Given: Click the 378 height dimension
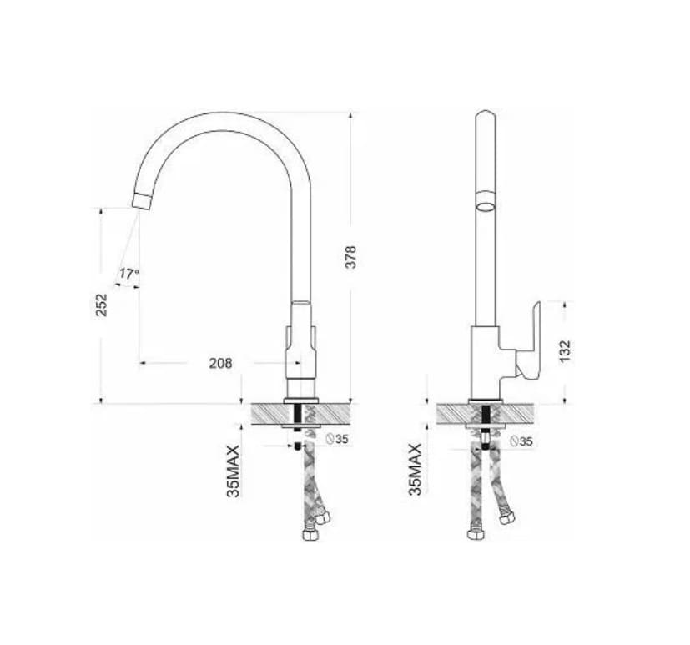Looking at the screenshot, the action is (x=350, y=257).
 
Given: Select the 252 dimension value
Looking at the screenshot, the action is (x=102, y=305).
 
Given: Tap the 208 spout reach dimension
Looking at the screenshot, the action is (x=220, y=363).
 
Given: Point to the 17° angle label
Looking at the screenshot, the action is (x=129, y=274).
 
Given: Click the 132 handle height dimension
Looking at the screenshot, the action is (x=565, y=351).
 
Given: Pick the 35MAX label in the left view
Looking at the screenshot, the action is (x=234, y=471).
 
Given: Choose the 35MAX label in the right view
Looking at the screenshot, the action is (x=415, y=470).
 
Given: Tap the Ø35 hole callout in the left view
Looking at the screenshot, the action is (x=336, y=439).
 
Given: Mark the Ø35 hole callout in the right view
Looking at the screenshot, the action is (x=521, y=441).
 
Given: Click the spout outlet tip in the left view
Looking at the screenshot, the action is (x=143, y=201).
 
